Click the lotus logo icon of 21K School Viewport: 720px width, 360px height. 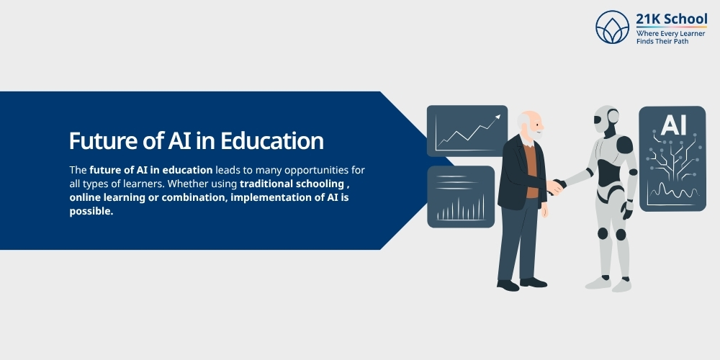tap(612, 27)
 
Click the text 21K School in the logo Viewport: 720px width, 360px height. tap(671, 19)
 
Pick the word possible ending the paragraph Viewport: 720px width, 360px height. tap(91, 211)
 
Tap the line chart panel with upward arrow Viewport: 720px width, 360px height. tap(467, 130)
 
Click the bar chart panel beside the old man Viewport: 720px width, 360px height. tap(461, 197)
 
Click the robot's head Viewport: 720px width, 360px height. tap(606, 119)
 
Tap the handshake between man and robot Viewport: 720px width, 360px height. tap(554, 187)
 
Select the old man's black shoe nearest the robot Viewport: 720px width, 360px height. tap(534, 282)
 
